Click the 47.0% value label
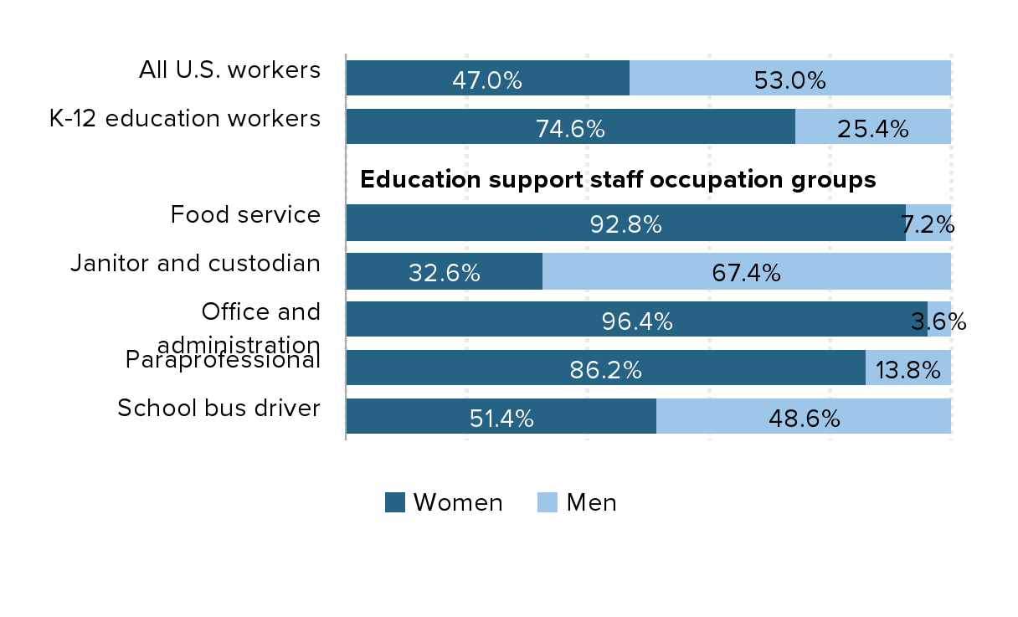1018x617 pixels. click(x=486, y=80)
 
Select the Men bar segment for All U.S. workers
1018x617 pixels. click(x=789, y=78)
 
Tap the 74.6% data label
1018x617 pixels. click(x=569, y=129)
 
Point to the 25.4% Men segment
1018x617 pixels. click(x=872, y=126)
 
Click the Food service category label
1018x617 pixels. click(x=245, y=215)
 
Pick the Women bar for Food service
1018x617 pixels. click(x=625, y=223)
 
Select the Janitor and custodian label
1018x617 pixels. click(x=195, y=264)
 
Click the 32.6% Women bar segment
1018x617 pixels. click(x=444, y=271)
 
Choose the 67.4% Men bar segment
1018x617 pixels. click(x=746, y=271)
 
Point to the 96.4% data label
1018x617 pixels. click(x=637, y=321)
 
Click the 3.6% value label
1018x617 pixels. click(x=938, y=321)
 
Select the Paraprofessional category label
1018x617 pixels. click(x=223, y=361)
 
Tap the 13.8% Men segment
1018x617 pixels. click(x=907, y=368)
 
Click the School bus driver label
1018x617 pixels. click(x=219, y=409)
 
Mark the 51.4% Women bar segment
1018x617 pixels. click(x=501, y=417)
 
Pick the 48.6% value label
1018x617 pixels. click(x=804, y=419)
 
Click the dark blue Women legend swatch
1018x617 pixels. click(x=395, y=502)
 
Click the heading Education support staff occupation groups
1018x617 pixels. click(x=618, y=180)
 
